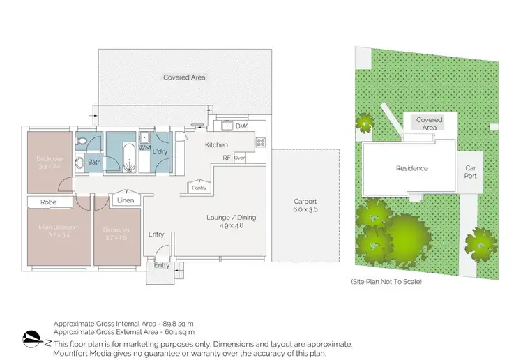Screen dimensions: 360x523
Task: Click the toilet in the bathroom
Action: [82, 142]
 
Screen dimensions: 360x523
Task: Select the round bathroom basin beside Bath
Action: [79, 163]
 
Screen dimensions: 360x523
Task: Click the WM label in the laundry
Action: [144, 148]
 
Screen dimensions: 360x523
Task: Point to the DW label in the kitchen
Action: [241, 126]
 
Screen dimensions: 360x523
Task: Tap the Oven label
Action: [240, 158]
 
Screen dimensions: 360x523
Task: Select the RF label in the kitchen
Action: [227, 158]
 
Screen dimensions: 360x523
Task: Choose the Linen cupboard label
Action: [126, 202]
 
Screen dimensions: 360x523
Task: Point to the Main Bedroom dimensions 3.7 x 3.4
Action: [59, 236]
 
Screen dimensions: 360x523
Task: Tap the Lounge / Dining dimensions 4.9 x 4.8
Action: [232, 226]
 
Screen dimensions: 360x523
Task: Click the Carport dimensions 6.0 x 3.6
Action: [305, 209]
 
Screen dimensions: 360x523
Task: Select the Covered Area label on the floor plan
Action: [184, 77]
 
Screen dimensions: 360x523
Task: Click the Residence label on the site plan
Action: [411, 168]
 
